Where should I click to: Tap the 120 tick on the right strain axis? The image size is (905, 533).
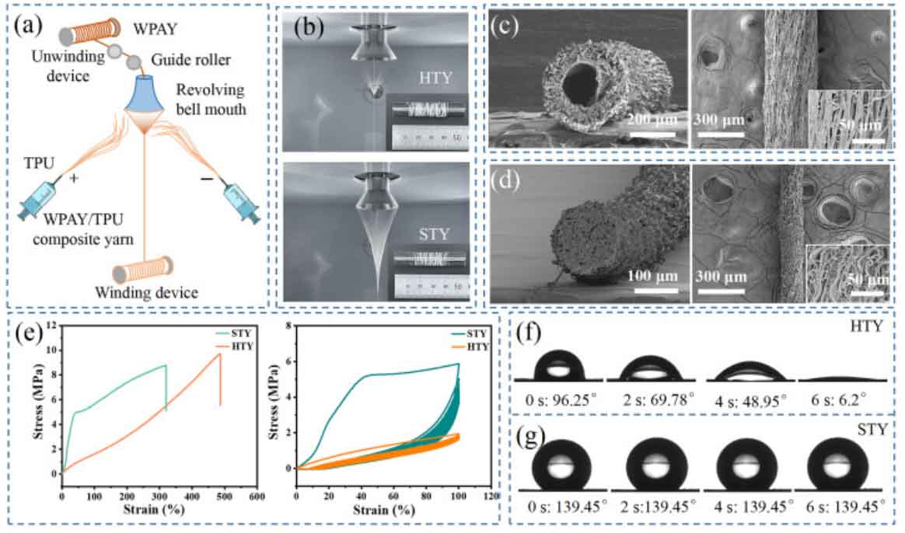[489, 495]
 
